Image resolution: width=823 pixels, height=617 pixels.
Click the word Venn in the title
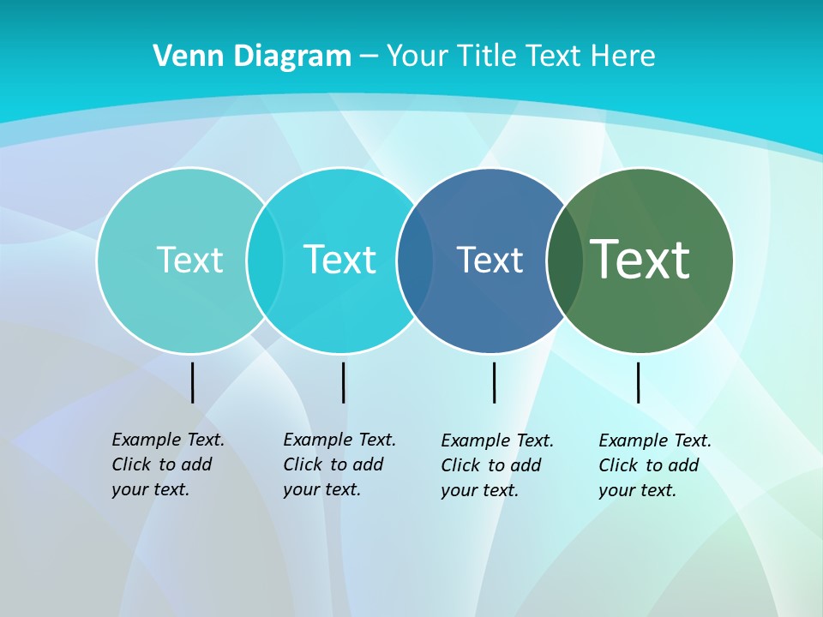181,56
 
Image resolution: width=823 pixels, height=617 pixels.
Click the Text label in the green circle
640,260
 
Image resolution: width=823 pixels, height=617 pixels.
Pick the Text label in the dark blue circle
490,260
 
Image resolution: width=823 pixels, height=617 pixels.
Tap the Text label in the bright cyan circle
340,260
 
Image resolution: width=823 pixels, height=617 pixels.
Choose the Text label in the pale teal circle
189,260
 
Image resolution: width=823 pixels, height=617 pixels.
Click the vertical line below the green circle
638,382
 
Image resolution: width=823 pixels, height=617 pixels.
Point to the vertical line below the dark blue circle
494,382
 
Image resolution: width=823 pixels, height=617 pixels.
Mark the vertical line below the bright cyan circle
343,382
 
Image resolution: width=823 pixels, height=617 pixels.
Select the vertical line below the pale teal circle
192,382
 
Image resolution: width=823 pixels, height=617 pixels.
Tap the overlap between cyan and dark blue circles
415,260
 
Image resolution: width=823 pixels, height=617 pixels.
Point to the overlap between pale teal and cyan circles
265,260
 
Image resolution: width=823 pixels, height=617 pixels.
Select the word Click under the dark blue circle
460,465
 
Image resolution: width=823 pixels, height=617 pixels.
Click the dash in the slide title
369,56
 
